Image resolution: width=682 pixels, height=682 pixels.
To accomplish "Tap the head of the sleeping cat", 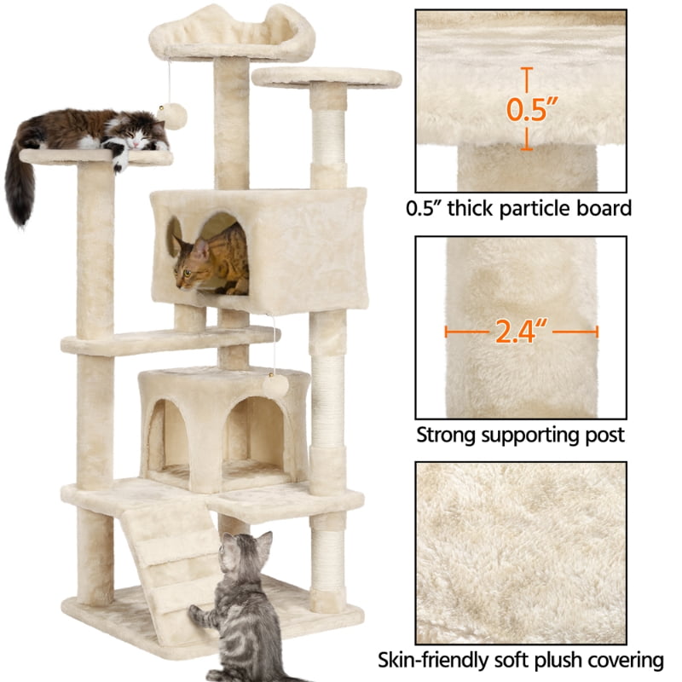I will [136, 129].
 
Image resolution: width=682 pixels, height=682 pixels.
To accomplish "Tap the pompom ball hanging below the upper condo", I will [275, 384].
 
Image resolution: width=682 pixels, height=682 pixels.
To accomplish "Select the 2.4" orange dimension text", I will [522, 332].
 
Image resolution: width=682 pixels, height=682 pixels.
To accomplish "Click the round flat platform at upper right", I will [327, 77].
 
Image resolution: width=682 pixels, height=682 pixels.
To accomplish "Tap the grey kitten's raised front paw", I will [197, 611].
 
